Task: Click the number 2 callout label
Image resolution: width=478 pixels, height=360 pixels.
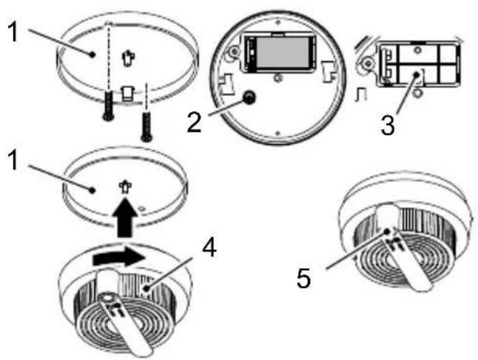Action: tap(194, 123)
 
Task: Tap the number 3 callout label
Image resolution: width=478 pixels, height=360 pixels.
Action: tap(388, 125)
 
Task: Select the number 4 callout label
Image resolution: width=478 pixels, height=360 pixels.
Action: tap(209, 247)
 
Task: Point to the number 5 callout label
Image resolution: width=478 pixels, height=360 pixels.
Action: tap(303, 278)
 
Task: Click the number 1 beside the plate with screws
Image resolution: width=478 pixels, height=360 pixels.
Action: tap(14, 32)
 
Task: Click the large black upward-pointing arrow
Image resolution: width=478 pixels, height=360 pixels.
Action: tap(125, 217)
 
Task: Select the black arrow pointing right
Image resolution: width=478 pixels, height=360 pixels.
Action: tap(119, 258)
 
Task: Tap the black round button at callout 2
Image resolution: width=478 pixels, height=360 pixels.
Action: tap(249, 98)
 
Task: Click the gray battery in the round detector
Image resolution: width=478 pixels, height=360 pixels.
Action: tap(283, 52)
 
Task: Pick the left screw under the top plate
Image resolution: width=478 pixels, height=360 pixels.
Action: tap(108, 106)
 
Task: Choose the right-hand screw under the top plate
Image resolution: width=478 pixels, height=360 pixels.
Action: tap(147, 126)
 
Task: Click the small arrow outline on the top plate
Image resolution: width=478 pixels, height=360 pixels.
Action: tap(128, 58)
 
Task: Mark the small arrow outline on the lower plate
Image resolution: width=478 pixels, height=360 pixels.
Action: tap(125, 188)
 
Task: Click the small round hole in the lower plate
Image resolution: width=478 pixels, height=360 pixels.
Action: tap(141, 208)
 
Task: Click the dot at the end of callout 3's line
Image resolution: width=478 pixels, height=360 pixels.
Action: tap(416, 74)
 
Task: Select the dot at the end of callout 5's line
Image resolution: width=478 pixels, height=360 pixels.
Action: tap(387, 231)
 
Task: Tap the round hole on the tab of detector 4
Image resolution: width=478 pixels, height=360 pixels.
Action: tap(107, 298)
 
